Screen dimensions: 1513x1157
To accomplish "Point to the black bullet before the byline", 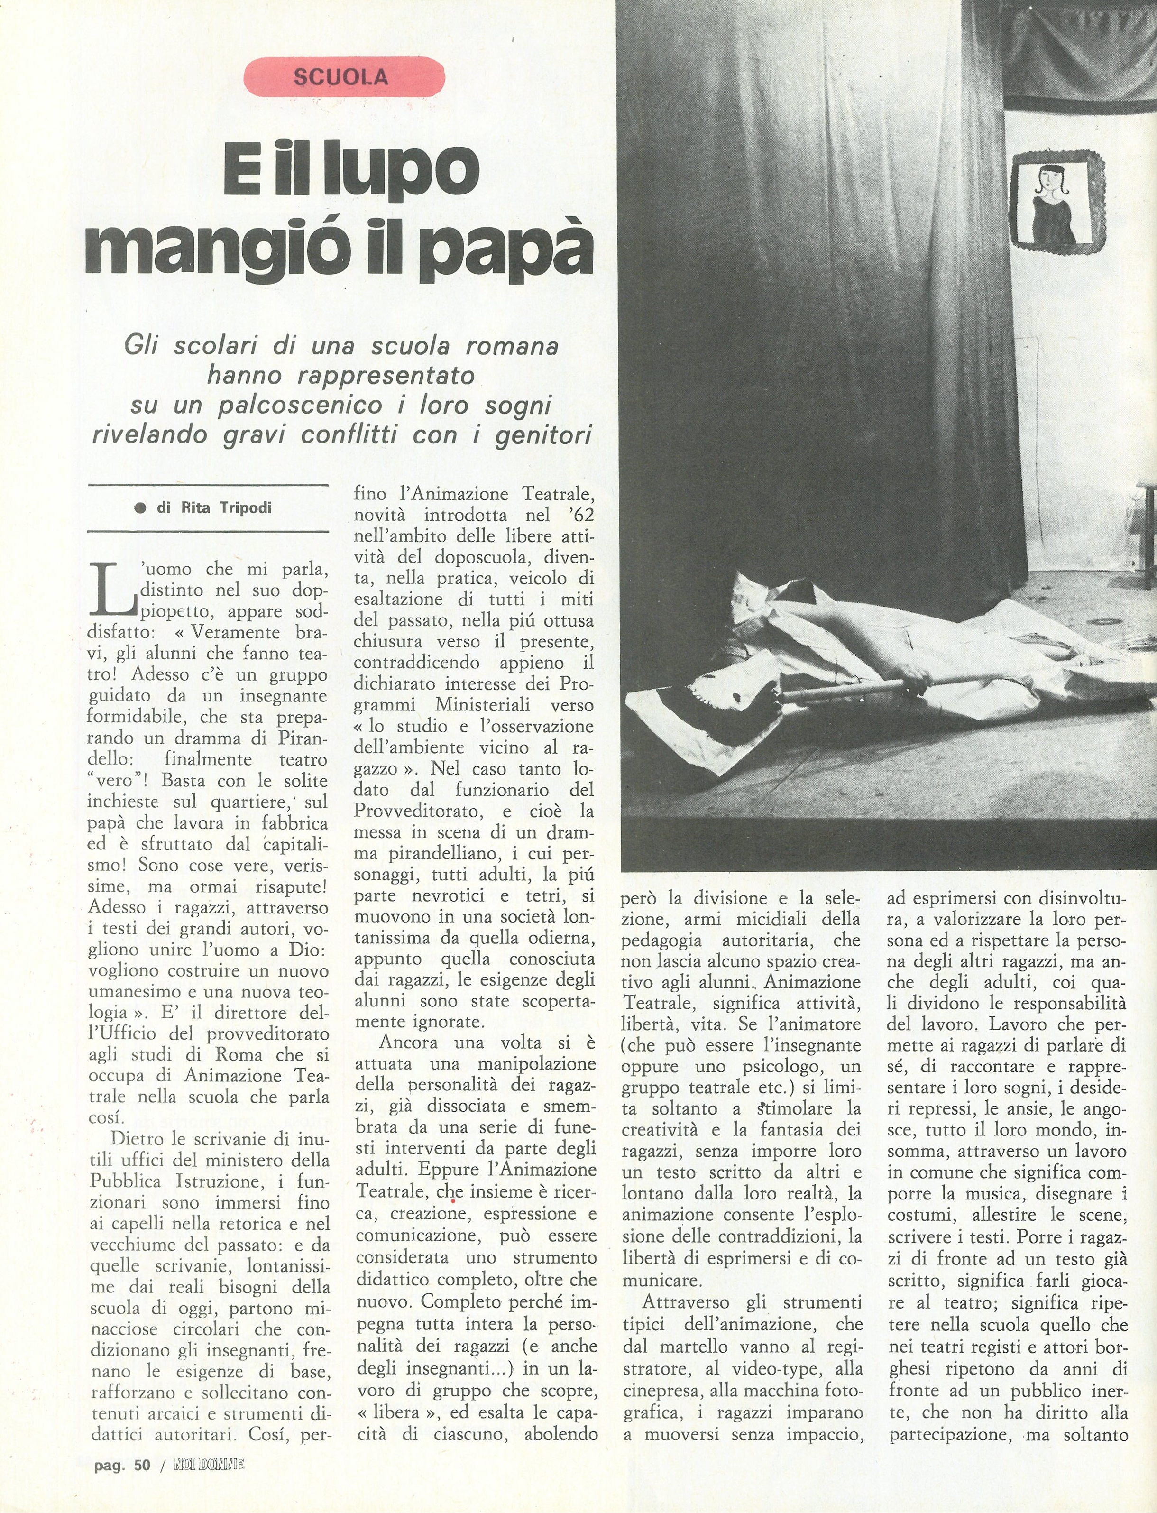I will [141, 508].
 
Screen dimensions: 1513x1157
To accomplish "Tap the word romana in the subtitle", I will [511, 346].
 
